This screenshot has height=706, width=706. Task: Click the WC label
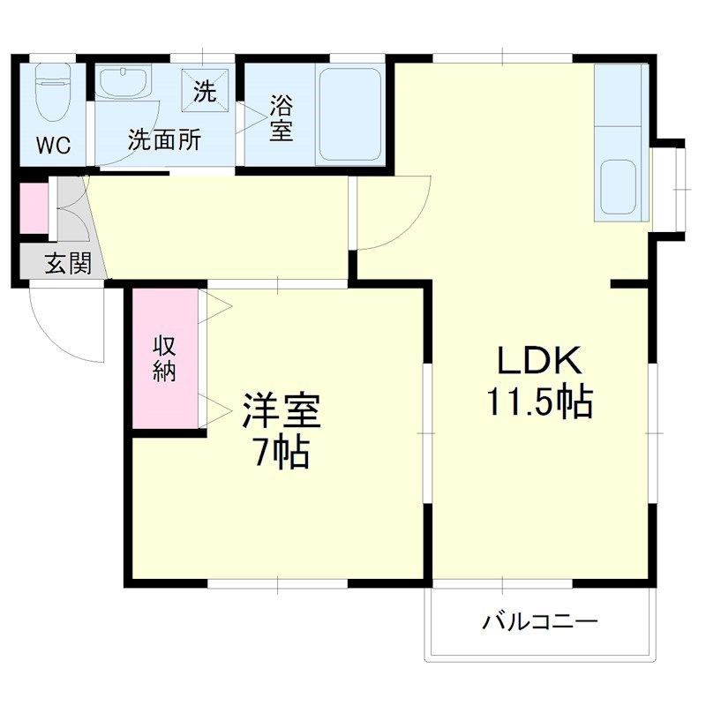tap(53, 144)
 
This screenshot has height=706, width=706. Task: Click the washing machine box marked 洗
tap(205, 91)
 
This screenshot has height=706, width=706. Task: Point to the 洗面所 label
tap(164, 139)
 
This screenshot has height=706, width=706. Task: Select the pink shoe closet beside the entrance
tap(33, 208)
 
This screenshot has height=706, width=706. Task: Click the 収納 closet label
tap(165, 358)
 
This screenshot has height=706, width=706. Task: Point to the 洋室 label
tap(280, 410)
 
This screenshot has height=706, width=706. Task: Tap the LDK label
tap(538, 360)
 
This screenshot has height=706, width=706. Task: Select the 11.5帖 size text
tap(538, 402)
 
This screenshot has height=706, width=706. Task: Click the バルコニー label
tap(539, 622)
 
